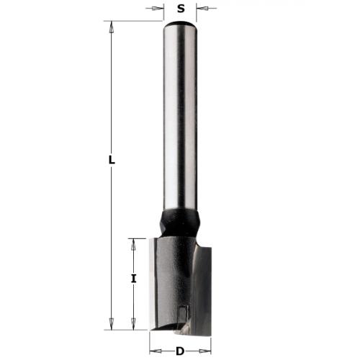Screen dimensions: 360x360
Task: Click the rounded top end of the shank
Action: click(180, 24)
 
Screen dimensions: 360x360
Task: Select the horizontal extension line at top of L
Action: click(133, 21)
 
